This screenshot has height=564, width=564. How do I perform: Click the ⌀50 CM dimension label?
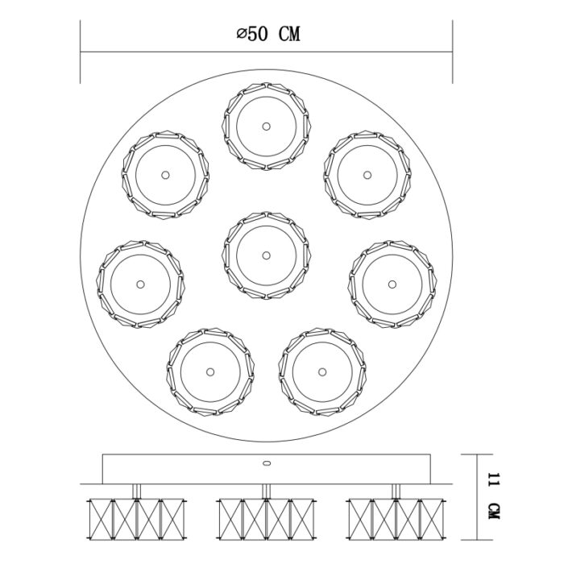pos(267,34)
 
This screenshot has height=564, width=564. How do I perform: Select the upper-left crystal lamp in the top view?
pos(164,174)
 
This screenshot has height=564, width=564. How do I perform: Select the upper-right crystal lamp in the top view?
pos(367,174)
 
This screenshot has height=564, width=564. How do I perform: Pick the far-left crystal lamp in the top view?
pos(139,284)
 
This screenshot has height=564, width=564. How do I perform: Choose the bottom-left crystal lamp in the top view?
pos(210,371)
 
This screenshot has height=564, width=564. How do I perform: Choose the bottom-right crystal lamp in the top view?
pos(321,371)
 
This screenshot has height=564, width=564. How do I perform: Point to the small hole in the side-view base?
pos(265,463)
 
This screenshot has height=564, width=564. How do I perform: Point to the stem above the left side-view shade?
pos(135,491)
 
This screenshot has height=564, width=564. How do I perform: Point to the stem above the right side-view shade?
pos(396,491)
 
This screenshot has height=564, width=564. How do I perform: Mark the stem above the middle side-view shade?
pos(265,491)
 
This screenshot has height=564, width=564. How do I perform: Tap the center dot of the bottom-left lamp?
pos(210,371)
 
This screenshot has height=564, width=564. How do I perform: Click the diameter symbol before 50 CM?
pos(240,35)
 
